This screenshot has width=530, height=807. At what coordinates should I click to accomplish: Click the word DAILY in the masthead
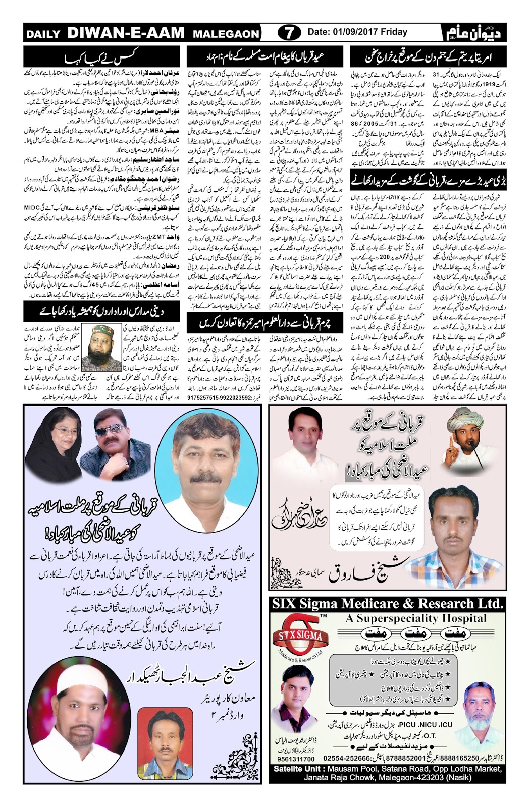pos(44,34)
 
